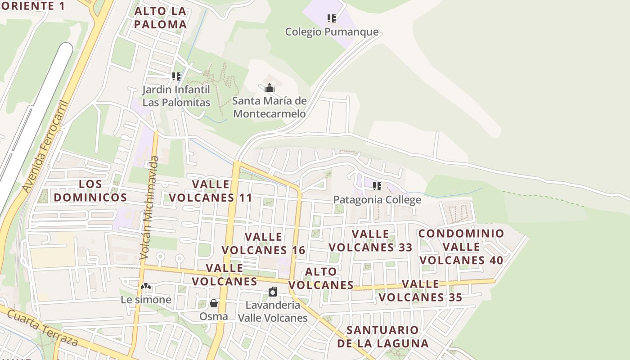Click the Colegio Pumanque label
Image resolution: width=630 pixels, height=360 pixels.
[x=332, y=32]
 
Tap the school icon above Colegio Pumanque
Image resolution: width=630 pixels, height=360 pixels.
[x=332, y=18]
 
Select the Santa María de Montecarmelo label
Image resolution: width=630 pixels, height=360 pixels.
[x=270, y=107]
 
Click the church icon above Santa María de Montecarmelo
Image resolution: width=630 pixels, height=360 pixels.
[x=270, y=88]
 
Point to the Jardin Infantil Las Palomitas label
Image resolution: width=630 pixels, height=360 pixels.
[x=176, y=96]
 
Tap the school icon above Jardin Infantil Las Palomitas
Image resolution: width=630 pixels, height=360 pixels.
[x=176, y=76]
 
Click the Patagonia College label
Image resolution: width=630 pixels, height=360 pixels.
[x=377, y=199]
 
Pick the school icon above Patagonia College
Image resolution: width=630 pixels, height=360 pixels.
[x=377, y=186]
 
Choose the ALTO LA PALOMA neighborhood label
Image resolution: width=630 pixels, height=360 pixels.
[x=160, y=18]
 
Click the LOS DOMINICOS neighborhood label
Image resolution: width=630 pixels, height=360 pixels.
[x=90, y=191]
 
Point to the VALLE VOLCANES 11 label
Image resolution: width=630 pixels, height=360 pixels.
[x=211, y=191]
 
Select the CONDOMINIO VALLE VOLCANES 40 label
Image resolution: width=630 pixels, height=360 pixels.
[x=462, y=247]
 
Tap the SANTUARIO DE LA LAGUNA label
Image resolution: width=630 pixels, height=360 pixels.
[x=383, y=337]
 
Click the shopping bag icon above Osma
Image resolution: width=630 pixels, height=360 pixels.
[x=214, y=304]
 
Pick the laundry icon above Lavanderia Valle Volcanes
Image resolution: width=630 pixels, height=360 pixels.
[x=273, y=292]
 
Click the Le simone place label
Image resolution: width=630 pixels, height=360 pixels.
[x=146, y=300]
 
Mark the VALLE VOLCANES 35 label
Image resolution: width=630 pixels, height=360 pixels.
[x=420, y=291]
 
